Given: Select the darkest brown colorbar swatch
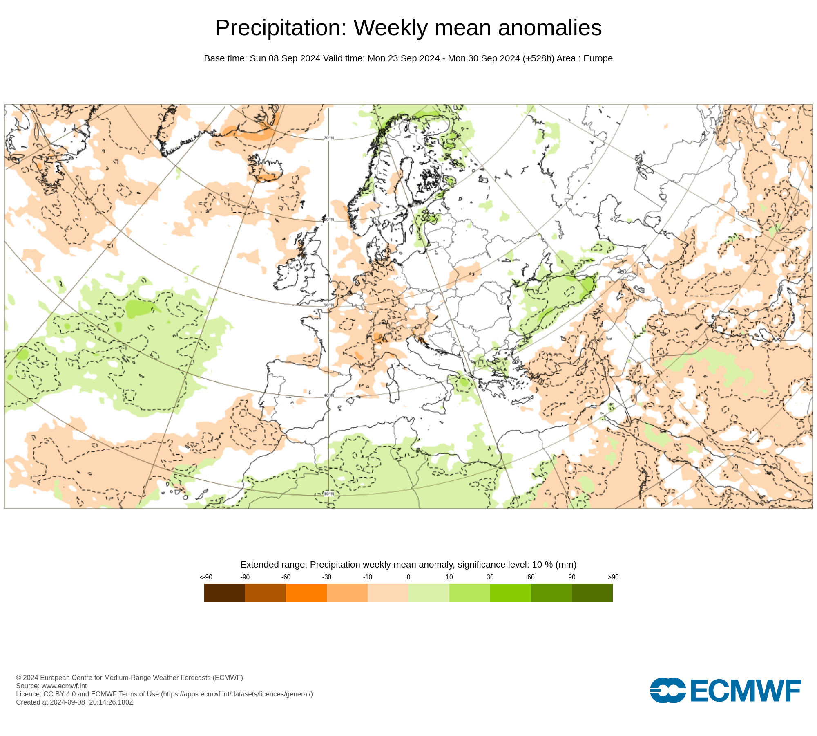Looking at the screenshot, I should [225, 592].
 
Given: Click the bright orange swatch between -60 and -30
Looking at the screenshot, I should [306, 592].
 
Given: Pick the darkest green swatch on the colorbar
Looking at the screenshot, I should [592, 592].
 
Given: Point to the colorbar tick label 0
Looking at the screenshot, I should [408, 577].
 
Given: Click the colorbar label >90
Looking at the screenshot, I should [613, 577].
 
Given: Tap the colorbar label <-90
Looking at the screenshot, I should [206, 577].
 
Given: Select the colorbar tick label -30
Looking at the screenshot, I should [327, 577].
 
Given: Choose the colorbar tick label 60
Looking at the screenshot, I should [531, 577].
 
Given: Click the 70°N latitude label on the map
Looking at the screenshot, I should [329, 138].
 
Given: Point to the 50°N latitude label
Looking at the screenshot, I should [329, 305].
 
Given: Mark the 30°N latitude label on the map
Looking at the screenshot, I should [329, 494].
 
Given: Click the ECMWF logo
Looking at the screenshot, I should [725, 690].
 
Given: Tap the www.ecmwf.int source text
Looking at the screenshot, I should [64, 686].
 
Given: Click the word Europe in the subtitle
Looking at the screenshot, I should [598, 58].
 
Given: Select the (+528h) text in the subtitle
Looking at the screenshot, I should [538, 58].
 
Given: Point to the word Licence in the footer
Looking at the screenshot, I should [28, 694].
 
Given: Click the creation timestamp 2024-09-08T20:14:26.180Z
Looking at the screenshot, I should [92, 702].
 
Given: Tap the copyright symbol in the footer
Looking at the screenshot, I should [18, 678].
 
